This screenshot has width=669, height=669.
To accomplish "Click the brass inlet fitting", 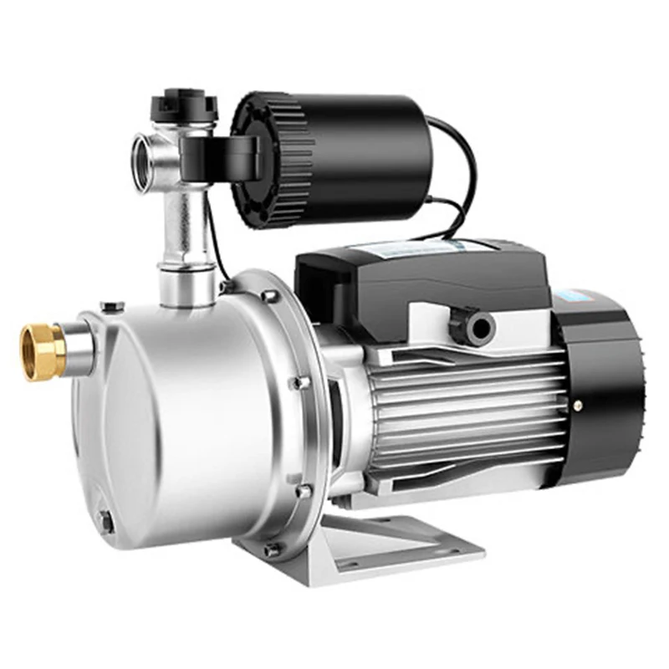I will point(42,351).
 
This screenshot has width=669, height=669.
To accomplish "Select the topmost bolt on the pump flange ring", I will point(269,295).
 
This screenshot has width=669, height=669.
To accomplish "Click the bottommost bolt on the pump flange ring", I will point(272,549).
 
